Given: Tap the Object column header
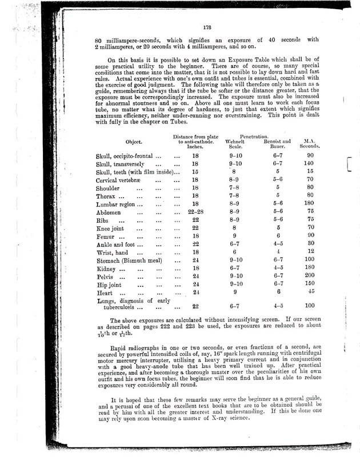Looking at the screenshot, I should [x=139, y=141].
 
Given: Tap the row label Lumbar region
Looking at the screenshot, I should [x=116, y=204].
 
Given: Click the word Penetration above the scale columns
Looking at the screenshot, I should [x=258, y=136].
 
